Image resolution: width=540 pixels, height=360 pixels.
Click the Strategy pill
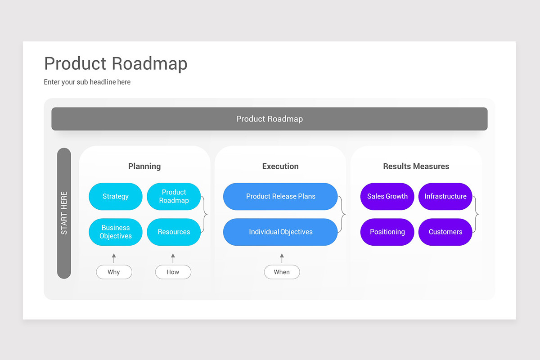pos(116,196)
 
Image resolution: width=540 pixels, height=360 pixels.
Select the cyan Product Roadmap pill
pos(174,196)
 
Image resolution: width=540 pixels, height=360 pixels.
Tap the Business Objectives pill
pos(116,232)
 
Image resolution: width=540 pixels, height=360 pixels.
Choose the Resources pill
pos(174,232)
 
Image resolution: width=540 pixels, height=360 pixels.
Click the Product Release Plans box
pos(280,196)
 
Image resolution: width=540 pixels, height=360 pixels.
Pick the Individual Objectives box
pos(280,232)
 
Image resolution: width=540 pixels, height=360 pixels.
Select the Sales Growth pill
pos(387,196)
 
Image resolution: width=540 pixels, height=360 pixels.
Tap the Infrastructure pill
pos(445,196)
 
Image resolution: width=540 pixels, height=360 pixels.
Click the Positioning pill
pos(387,232)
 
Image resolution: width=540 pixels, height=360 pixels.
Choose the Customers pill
pos(445,232)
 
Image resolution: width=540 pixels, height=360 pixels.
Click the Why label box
pos(114,272)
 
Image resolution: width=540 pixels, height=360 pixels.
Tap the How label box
pos(173,272)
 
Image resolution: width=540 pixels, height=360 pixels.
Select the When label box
pos(282,272)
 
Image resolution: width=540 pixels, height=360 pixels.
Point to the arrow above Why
pos(114,258)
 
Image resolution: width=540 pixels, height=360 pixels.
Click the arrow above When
pos(282,258)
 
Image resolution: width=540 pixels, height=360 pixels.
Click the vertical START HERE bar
pos(64,213)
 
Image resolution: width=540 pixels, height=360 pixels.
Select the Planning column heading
pos(144,166)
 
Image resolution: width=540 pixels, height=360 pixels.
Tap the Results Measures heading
pos(416,166)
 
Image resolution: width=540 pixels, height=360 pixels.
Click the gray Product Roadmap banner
pos(270,119)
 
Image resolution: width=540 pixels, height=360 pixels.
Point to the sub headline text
pos(87,82)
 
